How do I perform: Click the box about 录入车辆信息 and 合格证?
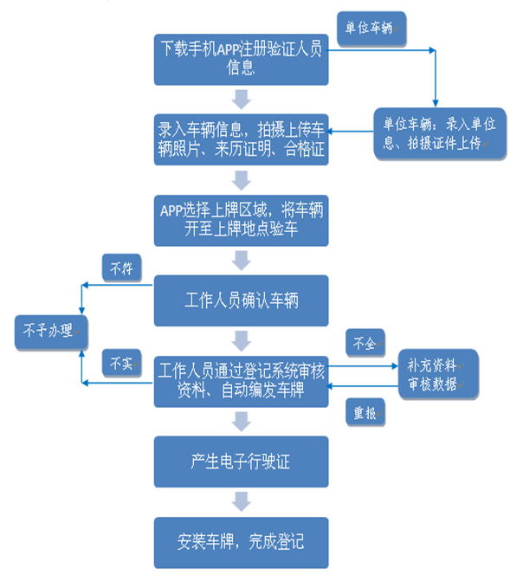click(242, 138)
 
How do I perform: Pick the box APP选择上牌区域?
click(242, 220)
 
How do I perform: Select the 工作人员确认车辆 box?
click(242, 300)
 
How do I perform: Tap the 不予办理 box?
click(50, 331)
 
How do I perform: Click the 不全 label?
click(365, 344)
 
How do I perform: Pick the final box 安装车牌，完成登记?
click(242, 542)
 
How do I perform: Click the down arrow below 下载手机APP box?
click(242, 99)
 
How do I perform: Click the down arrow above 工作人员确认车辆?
click(242, 260)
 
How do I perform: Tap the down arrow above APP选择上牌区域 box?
click(242, 179)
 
